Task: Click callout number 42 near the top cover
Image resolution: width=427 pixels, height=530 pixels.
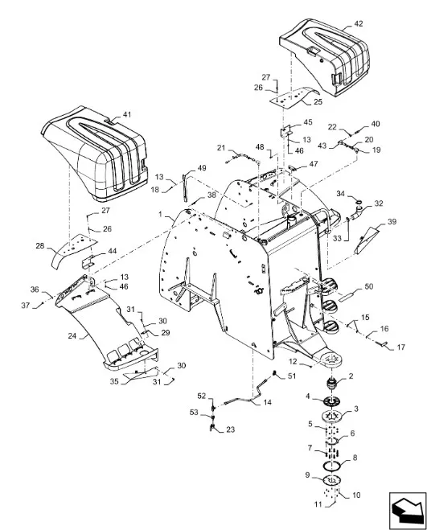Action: click(x=359, y=23)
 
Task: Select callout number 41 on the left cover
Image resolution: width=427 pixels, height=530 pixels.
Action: click(x=126, y=114)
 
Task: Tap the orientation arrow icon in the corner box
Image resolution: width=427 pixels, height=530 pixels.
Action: click(x=408, y=511)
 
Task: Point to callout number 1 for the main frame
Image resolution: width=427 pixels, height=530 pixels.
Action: click(x=161, y=214)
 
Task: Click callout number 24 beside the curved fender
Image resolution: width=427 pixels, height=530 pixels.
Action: click(x=72, y=336)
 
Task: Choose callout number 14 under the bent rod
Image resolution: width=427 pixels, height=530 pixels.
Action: click(x=268, y=403)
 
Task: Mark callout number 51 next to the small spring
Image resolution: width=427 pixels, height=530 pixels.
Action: click(x=291, y=376)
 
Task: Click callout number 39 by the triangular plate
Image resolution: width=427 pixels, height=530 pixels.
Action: click(x=392, y=222)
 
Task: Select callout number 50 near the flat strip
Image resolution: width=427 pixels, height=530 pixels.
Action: click(x=369, y=286)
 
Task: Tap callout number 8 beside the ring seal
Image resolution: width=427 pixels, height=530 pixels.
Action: click(x=355, y=458)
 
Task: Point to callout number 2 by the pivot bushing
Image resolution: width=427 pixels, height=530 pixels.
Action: click(x=351, y=376)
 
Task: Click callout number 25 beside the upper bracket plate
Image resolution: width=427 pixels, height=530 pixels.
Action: click(x=318, y=102)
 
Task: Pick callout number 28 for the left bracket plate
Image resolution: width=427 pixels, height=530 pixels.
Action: click(x=40, y=246)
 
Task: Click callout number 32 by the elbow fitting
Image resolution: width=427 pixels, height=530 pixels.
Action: click(x=379, y=203)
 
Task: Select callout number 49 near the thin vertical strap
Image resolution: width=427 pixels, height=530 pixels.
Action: click(x=202, y=168)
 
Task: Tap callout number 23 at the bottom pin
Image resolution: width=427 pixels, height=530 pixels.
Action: click(x=230, y=429)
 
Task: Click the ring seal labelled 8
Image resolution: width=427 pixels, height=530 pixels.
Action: click(x=331, y=466)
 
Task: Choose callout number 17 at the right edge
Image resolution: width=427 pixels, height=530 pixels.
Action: click(x=400, y=347)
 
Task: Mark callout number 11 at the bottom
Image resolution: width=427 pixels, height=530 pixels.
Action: click(x=318, y=504)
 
